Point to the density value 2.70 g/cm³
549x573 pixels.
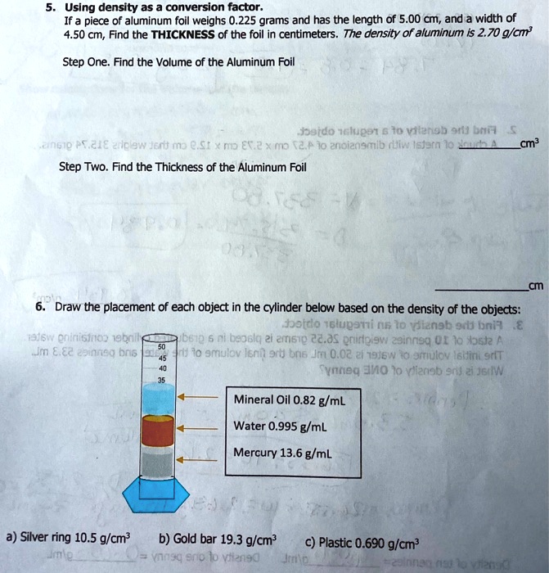515,35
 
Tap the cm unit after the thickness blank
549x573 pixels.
536,286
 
